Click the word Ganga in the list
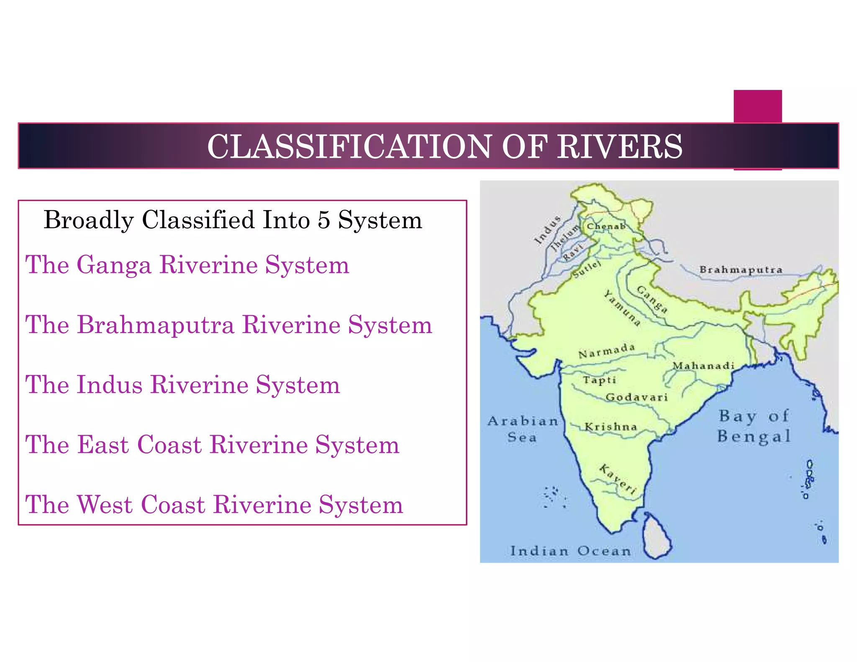[114, 265]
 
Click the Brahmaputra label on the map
[741, 269]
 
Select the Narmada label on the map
[606, 351]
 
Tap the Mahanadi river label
[703, 366]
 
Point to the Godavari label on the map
[636, 397]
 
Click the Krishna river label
[611, 427]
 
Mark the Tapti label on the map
[599, 380]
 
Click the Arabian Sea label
[523, 429]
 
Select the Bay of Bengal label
[754, 426]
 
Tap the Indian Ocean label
[570, 551]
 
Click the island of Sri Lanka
[657, 538]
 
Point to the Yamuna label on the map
[622, 308]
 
